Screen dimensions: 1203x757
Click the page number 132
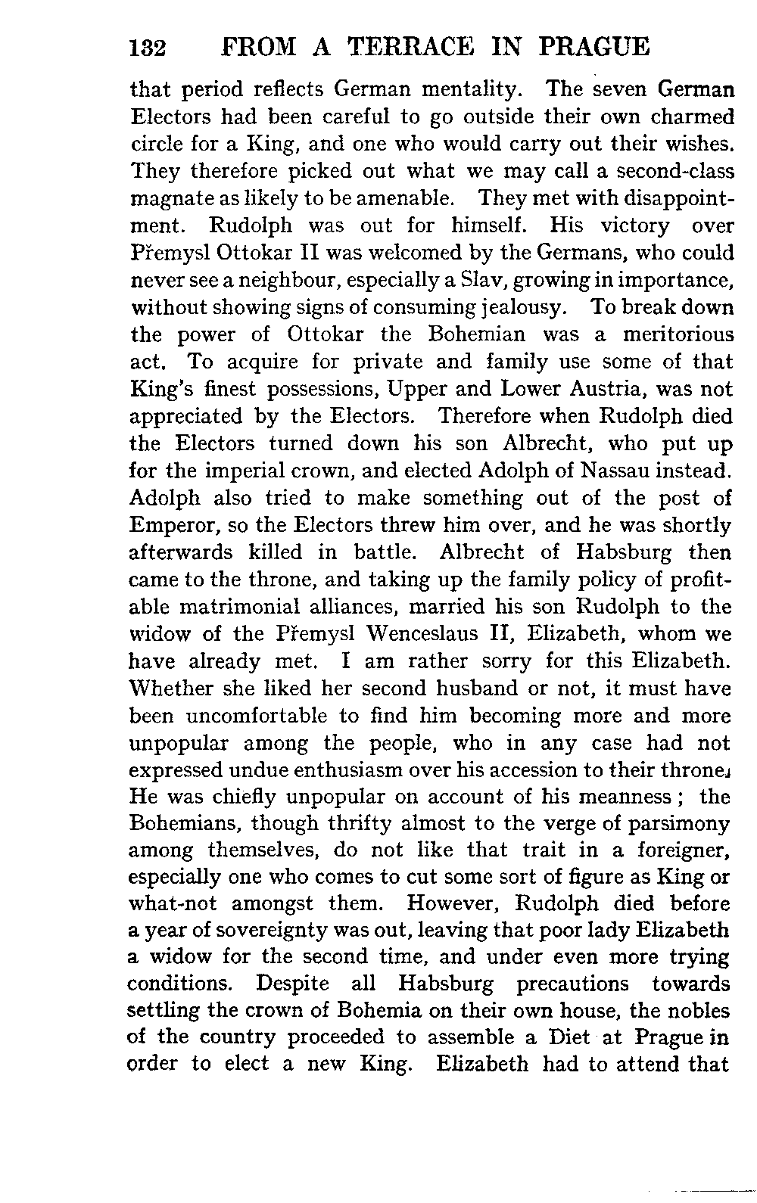148,48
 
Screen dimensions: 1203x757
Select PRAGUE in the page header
596,48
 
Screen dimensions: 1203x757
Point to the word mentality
469,91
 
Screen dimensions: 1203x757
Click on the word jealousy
522,309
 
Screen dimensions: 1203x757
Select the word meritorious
678,335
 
